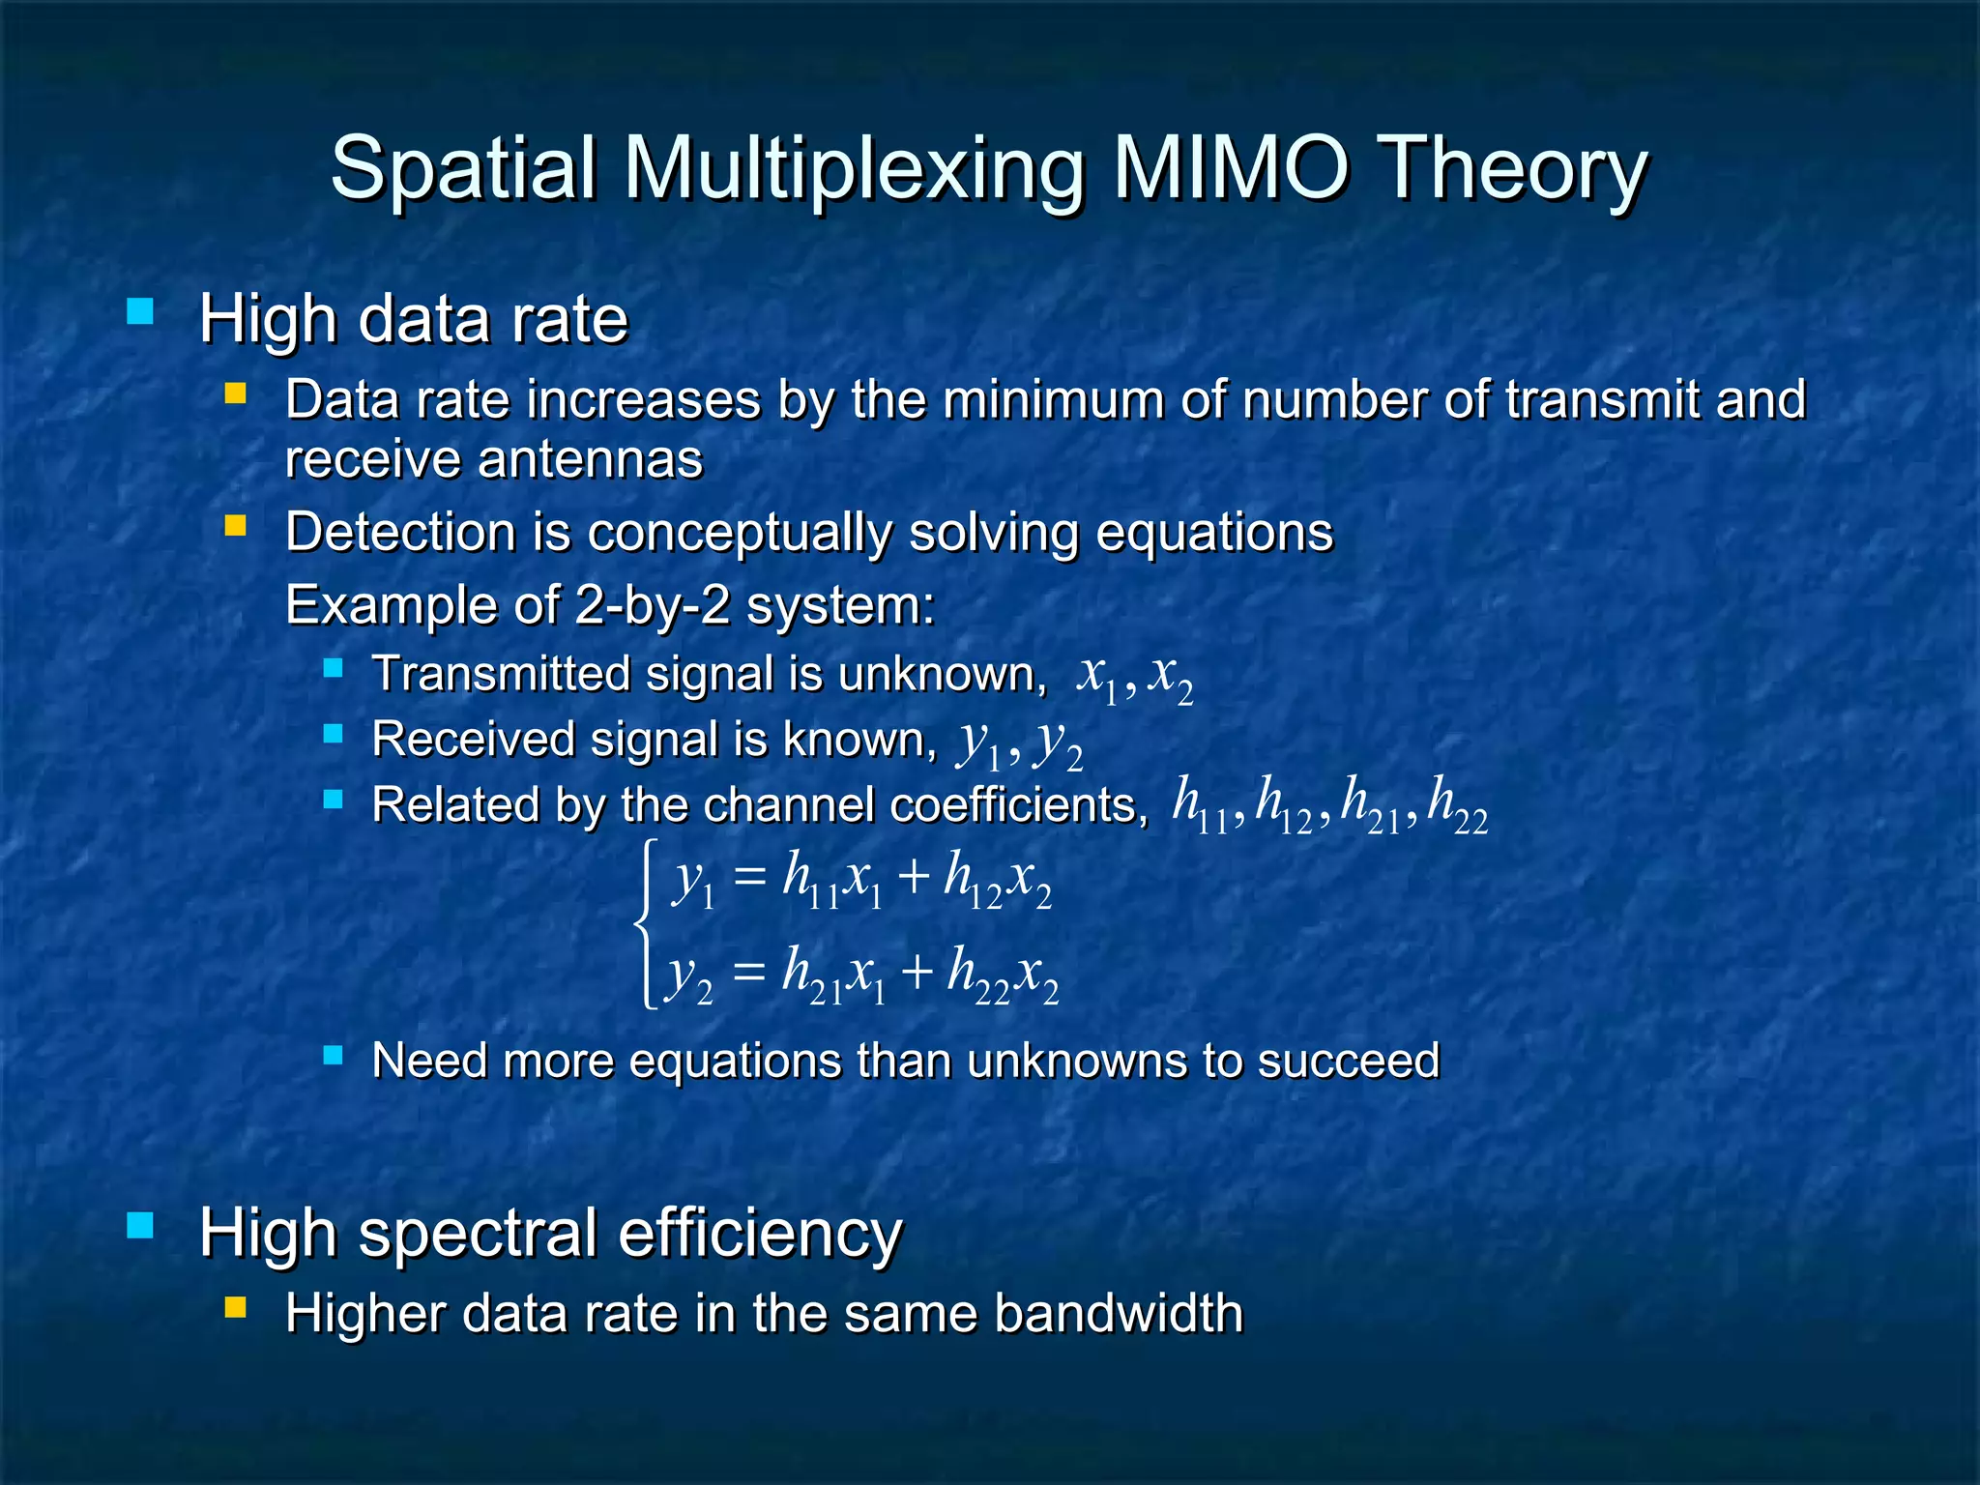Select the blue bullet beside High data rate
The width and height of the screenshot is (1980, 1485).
point(140,311)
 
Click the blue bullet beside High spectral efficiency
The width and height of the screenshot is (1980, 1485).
point(140,1226)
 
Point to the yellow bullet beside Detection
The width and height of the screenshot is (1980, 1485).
point(235,526)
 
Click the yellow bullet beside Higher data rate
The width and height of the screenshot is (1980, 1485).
point(235,1308)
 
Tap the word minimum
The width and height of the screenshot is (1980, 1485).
point(1052,399)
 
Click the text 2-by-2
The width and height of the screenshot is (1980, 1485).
point(653,606)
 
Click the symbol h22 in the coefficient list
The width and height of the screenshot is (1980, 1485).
point(1457,805)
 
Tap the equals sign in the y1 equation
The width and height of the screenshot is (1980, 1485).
point(749,878)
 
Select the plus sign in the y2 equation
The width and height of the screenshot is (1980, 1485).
point(916,972)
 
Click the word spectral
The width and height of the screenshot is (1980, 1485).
point(478,1235)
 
